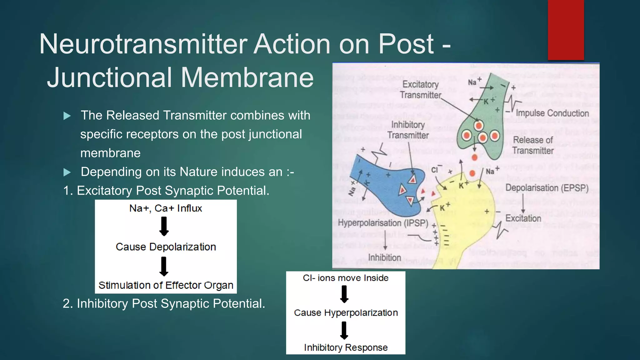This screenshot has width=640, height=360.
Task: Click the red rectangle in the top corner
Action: click(566, 30)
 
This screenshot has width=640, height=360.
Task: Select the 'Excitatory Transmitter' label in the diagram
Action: click(420, 89)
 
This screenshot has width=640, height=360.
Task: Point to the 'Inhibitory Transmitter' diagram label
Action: click(408, 130)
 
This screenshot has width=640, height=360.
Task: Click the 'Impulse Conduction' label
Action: click(552, 113)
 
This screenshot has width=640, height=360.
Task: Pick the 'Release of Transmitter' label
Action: click(533, 145)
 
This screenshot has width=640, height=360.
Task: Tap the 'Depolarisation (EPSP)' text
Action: click(547, 188)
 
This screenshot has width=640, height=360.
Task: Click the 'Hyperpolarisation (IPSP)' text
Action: click(383, 223)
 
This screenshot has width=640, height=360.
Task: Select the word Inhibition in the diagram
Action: click(384, 257)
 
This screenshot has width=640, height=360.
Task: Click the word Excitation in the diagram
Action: click(523, 218)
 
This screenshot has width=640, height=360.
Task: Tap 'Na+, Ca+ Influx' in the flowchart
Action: click(166, 208)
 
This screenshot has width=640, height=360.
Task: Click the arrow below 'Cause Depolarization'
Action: click(164, 266)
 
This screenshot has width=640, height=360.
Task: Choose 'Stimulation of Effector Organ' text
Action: click(166, 285)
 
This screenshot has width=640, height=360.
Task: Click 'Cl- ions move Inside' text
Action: click(346, 278)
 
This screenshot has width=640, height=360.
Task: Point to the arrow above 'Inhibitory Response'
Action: click(344, 330)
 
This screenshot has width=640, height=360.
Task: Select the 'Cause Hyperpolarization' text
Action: click(346, 312)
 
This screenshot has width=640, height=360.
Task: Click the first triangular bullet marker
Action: click(67, 116)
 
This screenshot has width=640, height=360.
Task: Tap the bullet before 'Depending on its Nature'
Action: click(67, 172)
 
